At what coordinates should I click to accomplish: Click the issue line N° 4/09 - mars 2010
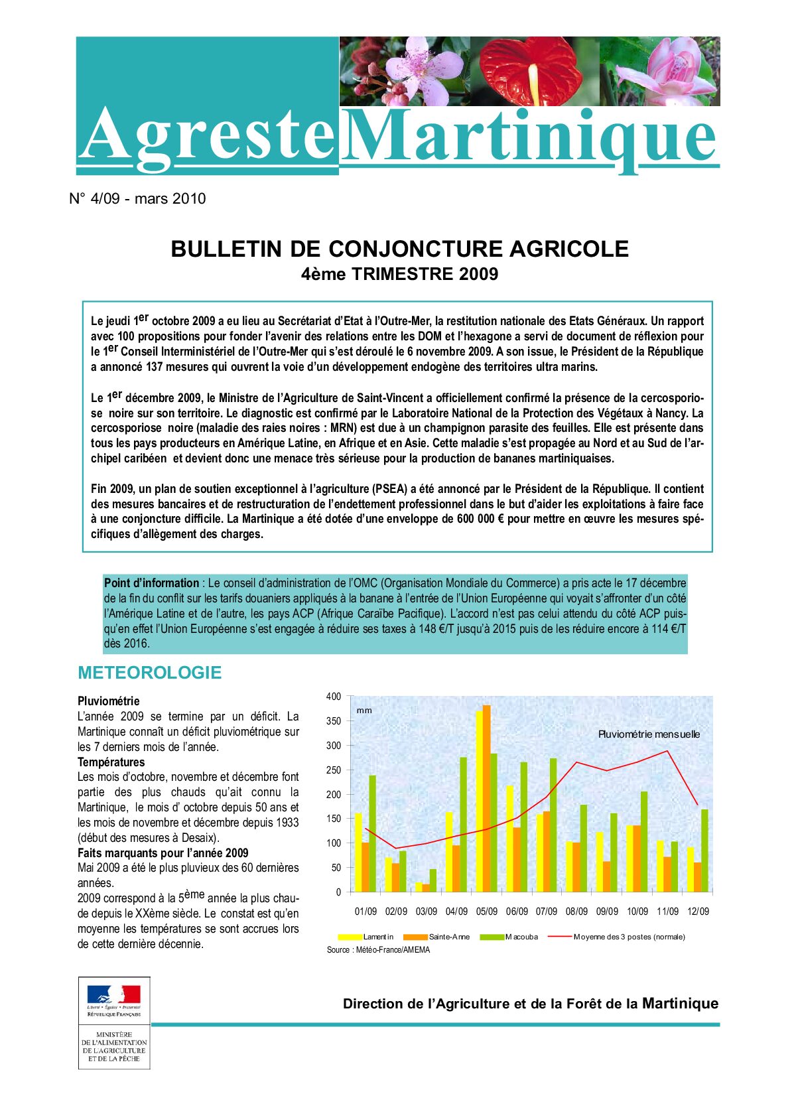click(137, 199)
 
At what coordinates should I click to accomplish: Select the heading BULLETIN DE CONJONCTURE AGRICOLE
click(399, 249)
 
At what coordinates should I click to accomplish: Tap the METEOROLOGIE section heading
click(149, 673)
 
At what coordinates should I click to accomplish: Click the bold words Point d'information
click(151, 583)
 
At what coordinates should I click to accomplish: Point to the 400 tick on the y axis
click(334, 697)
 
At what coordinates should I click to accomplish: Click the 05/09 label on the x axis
click(486, 912)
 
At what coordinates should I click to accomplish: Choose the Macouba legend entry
click(521, 937)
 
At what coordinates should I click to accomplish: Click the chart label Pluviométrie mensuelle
click(649, 734)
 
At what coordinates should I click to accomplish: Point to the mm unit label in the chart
click(364, 711)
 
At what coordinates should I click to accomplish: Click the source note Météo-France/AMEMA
click(378, 950)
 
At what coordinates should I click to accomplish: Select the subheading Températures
click(111, 762)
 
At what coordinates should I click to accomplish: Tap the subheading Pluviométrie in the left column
click(109, 701)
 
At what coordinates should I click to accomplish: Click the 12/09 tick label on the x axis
click(698, 912)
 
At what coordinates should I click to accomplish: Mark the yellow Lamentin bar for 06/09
click(509, 839)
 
